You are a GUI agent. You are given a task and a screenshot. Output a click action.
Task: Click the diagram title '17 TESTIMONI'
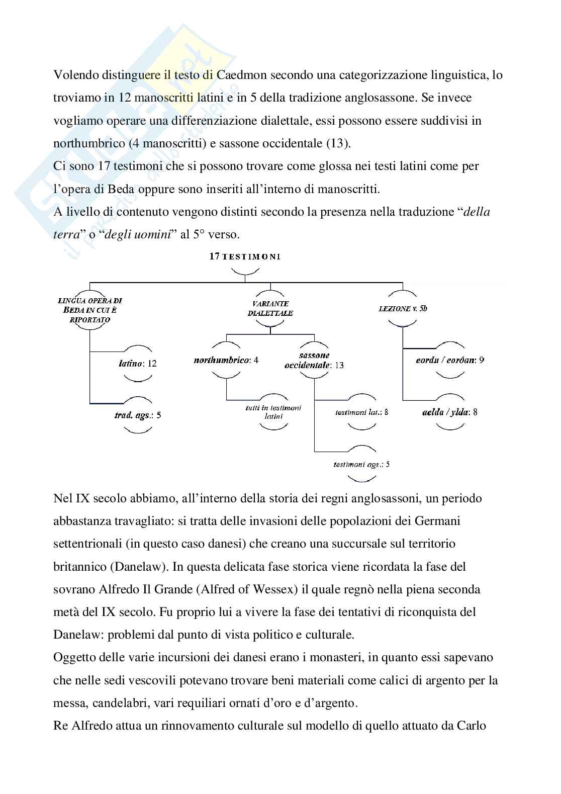click(245, 256)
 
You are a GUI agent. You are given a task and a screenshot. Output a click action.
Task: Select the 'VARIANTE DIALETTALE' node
click(270, 308)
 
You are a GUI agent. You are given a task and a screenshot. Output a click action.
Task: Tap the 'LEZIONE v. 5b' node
click(403, 308)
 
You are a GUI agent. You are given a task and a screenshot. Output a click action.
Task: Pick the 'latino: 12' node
click(137, 363)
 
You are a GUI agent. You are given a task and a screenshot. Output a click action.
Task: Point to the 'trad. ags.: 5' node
click(137, 415)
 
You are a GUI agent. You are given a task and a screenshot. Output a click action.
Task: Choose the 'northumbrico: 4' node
click(226, 360)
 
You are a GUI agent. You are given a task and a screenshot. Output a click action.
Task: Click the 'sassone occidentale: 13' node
click(314, 361)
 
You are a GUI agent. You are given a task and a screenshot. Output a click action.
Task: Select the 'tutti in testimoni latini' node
click(274, 412)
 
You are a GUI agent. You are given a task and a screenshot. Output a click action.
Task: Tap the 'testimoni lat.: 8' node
click(361, 412)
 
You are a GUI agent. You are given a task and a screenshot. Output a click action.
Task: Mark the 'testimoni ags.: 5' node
click(361, 464)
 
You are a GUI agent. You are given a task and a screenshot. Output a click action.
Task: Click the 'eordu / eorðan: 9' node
click(450, 360)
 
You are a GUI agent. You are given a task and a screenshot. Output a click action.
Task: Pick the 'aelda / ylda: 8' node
click(450, 412)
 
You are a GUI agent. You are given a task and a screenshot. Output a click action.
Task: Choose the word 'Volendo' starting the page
click(74, 75)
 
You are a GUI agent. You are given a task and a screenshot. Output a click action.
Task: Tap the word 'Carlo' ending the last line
click(471, 726)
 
